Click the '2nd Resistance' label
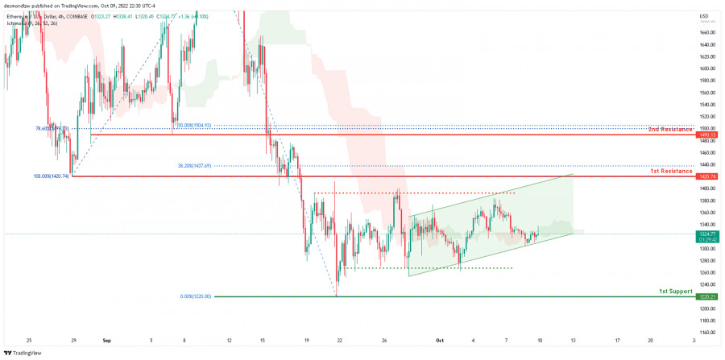click(671, 129)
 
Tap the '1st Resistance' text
click(671, 172)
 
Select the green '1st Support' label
click(675, 291)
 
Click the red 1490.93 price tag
click(707, 134)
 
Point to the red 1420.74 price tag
click(707, 176)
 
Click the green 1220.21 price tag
click(707, 297)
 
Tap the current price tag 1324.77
click(707, 234)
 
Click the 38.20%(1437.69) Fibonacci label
click(194, 166)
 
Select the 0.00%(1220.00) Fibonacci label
click(195, 296)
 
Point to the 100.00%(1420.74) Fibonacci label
click(52, 176)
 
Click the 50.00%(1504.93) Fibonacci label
click(194, 126)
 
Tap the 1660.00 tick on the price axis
click(707, 33)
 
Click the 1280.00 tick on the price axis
click(707, 261)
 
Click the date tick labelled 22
click(339, 340)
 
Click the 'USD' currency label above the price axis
click(705, 16)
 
